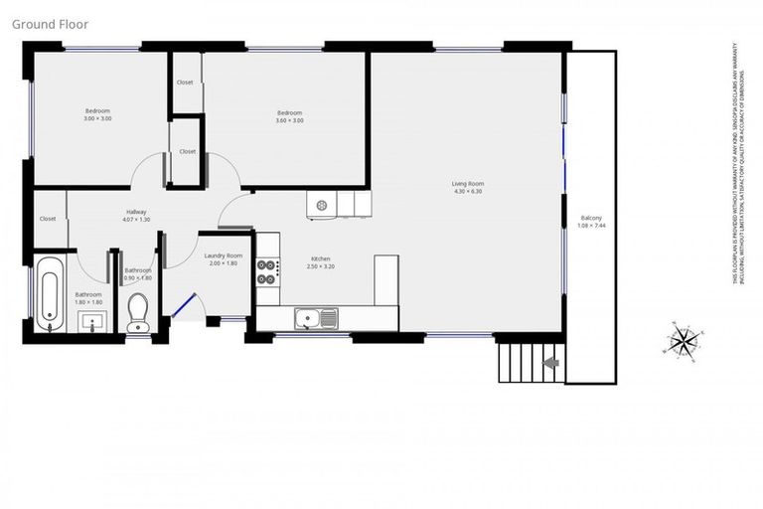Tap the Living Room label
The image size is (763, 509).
click(467, 183)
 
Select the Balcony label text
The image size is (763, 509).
click(590, 217)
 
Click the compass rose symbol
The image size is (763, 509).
click(684, 341)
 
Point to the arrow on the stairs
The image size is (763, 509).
click(549, 363)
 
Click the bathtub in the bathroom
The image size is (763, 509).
click(48, 292)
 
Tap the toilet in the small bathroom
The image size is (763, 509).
click(137, 311)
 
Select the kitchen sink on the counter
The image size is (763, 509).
click(316, 318)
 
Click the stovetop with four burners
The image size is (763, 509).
click(267, 272)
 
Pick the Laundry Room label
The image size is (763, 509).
click(223, 255)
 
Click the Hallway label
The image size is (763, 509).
click(137, 211)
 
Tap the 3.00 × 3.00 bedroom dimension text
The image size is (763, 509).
click(97, 118)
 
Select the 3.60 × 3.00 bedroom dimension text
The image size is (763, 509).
click(289, 120)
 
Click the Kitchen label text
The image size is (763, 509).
click(320, 258)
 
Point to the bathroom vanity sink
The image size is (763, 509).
click(92, 320)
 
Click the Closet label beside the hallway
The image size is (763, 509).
click(48, 219)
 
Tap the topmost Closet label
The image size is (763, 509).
click(185, 83)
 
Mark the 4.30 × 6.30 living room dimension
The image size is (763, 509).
click(467, 191)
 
